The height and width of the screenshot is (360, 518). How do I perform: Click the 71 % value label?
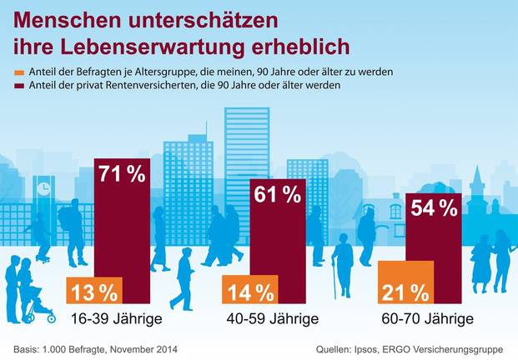pos(122,174)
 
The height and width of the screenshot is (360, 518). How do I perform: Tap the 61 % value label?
pos(279,196)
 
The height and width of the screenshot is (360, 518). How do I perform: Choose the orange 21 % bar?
pos(406,283)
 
